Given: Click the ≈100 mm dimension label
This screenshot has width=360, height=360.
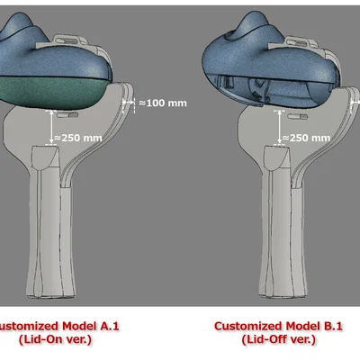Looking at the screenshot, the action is [163, 103].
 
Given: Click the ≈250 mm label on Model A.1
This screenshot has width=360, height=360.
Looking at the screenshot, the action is [78, 138].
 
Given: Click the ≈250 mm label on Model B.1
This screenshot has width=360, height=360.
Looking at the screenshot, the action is [306, 138].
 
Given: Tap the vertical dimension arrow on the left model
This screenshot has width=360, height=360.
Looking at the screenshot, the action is [51, 127].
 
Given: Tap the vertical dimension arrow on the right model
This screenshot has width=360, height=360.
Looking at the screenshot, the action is [280, 127].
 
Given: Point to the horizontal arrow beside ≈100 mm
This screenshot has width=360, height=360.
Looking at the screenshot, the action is [128, 103].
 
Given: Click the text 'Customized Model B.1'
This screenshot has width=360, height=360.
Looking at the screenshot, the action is [278, 326].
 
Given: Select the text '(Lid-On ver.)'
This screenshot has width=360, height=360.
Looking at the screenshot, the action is [55, 340].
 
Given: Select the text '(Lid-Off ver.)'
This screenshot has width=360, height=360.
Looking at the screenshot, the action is [279, 340].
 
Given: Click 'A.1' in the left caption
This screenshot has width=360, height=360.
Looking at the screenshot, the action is [109, 326].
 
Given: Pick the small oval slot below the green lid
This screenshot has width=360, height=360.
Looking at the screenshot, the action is [67, 114].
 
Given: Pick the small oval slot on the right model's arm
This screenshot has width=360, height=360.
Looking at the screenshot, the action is [297, 116].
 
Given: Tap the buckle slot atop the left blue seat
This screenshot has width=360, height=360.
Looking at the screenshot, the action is [68, 40].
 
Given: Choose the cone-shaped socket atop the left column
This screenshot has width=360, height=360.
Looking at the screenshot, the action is [45, 157].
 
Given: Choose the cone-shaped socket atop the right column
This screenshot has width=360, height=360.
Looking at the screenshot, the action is [277, 157].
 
